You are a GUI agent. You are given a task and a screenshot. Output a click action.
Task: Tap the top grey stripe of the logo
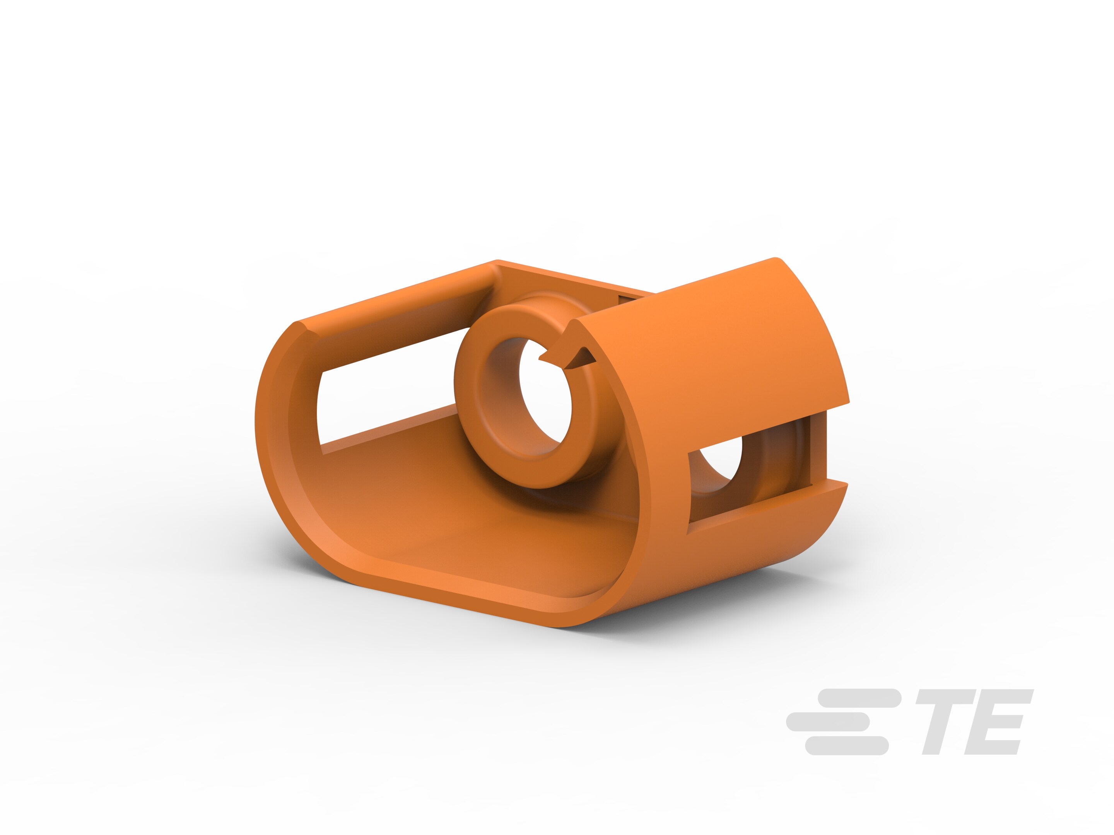(x=859, y=698)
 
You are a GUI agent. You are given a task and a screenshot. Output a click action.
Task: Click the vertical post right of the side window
(x=819, y=448)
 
